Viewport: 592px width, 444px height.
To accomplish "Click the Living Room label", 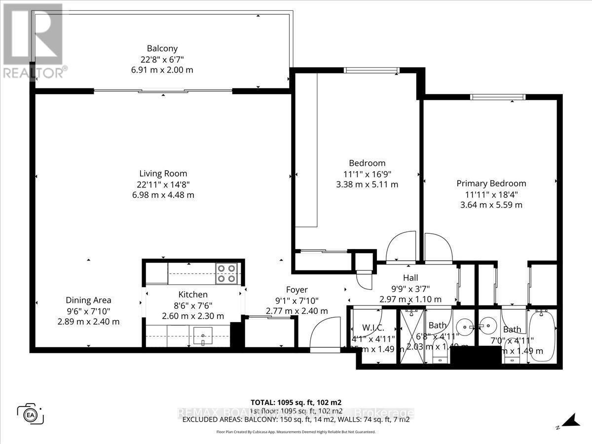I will [163, 174].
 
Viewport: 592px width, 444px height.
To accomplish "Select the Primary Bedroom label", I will [491, 184].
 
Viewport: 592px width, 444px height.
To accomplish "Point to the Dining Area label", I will [88, 300].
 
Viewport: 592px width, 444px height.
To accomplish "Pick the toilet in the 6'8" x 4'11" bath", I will [440, 356].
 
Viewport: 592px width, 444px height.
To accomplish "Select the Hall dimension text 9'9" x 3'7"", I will [410, 289].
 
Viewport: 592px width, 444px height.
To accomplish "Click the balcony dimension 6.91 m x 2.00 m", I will [158, 70].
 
